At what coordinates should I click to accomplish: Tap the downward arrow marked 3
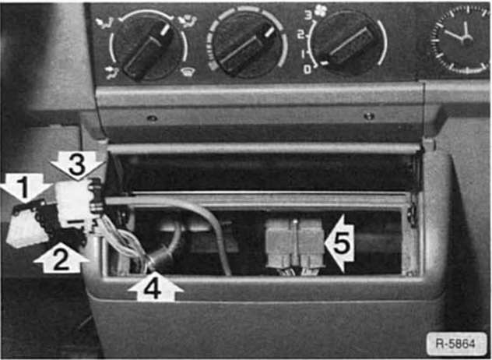click(76, 164)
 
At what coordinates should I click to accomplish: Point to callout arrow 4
click(154, 289)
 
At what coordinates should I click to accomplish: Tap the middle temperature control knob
click(247, 43)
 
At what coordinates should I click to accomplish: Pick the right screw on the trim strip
click(368, 116)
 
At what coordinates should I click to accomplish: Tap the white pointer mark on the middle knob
click(268, 35)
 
